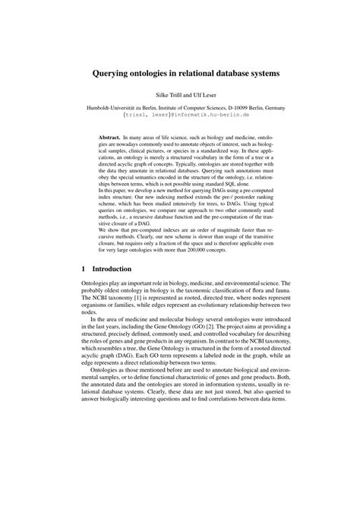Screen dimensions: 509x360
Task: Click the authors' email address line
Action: point(180,116)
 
